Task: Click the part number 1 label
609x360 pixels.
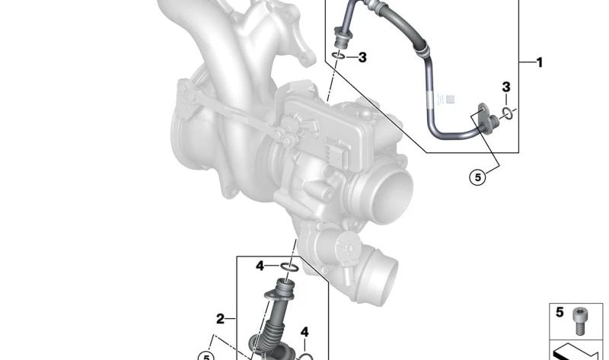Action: point(539,62)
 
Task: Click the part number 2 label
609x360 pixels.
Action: point(220,319)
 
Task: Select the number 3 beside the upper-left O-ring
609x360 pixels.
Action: point(362,58)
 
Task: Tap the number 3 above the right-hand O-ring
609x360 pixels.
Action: point(506,87)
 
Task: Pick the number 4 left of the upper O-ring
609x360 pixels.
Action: point(260,266)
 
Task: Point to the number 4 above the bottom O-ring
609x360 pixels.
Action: point(305,332)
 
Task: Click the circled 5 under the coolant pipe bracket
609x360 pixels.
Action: point(478,177)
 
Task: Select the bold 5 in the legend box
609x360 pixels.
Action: point(560,312)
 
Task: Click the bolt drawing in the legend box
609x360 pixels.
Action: point(579,320)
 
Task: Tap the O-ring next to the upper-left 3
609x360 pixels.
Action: point(338,57)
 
